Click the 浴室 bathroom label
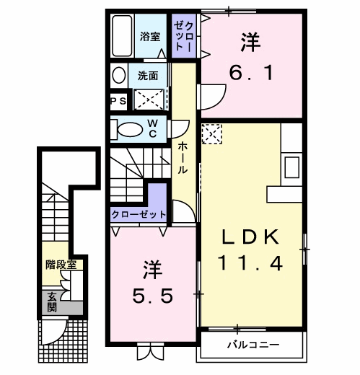click(150, 37)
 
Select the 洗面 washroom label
click(150, 75)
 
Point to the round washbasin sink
click(118, 75)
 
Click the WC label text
click(154, 128)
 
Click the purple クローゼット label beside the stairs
click(139, 214)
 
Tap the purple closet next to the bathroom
click(182, 36)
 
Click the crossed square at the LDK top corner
click(212, 133)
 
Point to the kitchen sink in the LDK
click(293, 167)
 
